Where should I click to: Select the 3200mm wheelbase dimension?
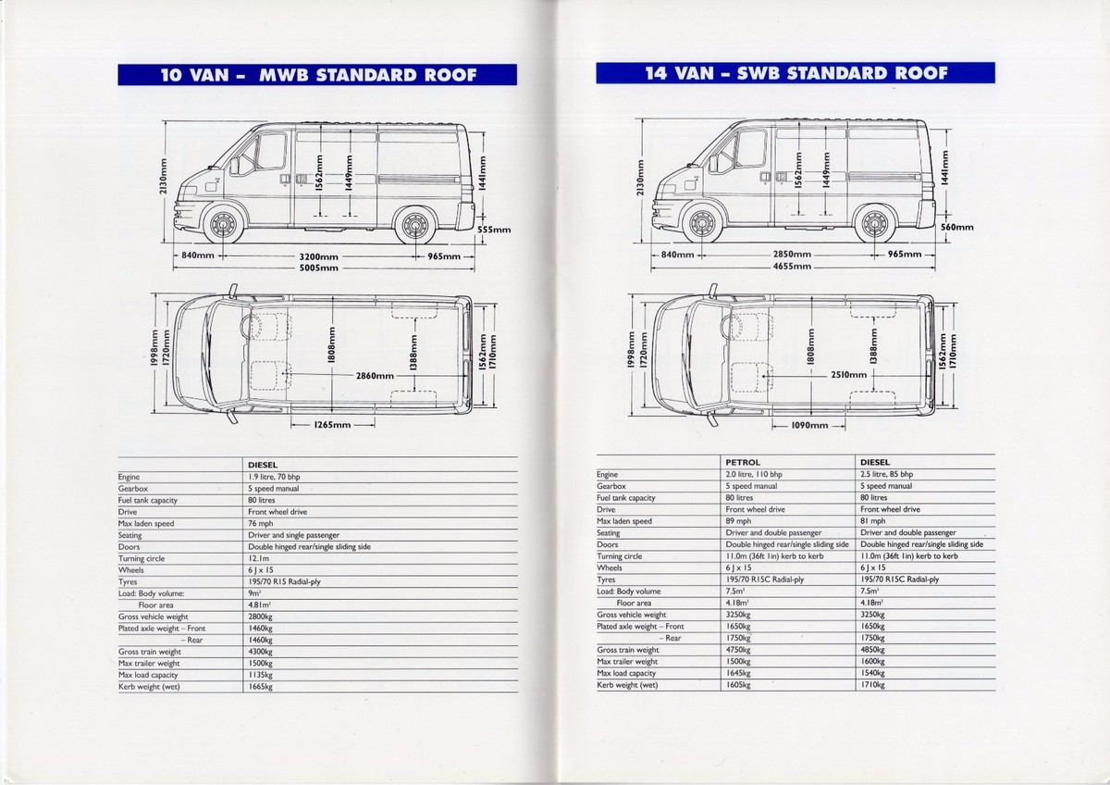point(316,255)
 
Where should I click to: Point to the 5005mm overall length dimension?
point(316,268)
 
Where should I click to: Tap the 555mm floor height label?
point(494,230)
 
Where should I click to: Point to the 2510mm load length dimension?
point(848,375)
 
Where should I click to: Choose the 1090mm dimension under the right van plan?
point(808,426)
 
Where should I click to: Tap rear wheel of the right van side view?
point(873,223)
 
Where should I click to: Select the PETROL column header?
point(743,462)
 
